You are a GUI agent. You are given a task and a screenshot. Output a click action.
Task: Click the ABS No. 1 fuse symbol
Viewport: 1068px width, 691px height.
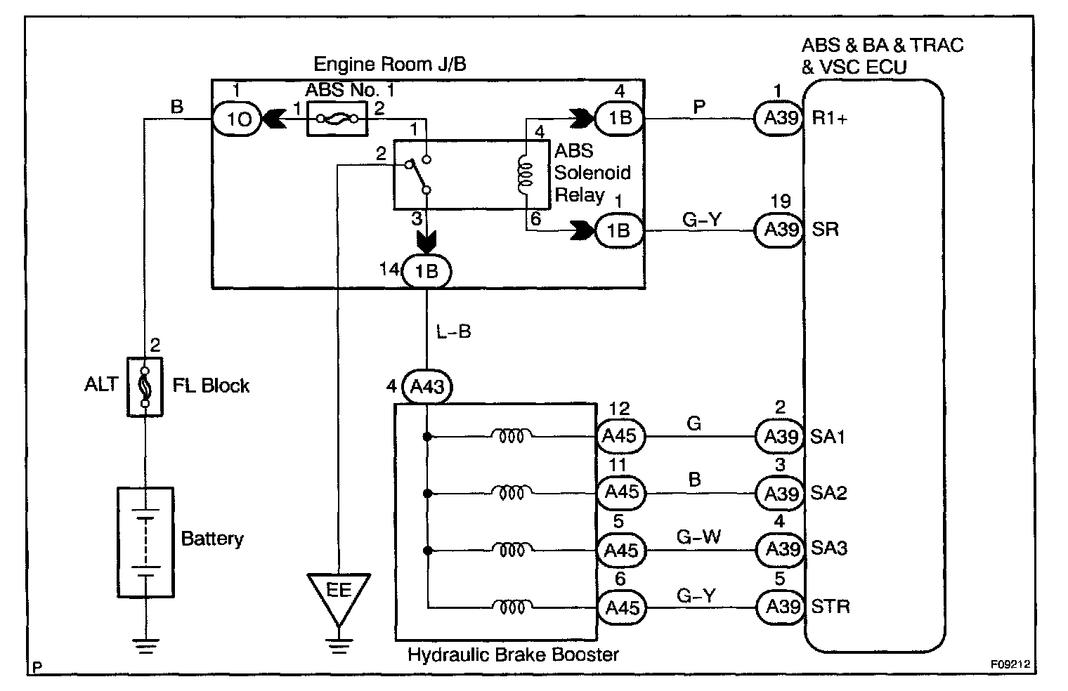point(337,119)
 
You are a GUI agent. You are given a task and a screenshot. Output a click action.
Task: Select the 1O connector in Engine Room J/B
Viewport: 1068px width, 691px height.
point(236,119)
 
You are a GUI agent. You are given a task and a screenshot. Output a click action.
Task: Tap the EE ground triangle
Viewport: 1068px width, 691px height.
point(339,593)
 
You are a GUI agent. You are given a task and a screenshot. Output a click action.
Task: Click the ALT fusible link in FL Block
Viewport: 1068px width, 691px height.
point(144,386)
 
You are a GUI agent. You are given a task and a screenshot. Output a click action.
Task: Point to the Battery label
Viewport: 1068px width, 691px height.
point(212,539)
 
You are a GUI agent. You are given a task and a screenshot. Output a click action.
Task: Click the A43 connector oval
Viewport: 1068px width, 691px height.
point(427,387)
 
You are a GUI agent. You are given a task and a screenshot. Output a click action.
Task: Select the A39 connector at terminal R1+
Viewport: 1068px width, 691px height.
point(779,118)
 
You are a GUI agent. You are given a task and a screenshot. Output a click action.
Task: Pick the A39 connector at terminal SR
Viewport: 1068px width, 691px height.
point(779,230)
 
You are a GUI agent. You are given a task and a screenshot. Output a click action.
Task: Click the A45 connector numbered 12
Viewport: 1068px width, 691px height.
point(620,436)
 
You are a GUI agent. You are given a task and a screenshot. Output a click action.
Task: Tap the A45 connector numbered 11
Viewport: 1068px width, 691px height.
point(620,492)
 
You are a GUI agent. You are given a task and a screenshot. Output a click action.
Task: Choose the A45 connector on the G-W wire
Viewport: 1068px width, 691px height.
point(620,548)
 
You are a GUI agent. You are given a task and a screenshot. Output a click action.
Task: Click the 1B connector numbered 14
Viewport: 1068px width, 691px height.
point(426,271)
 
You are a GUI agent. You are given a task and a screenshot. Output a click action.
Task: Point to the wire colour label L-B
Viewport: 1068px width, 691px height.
point(453,331)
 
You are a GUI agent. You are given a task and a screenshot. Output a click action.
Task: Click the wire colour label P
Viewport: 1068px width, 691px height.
point(700,106)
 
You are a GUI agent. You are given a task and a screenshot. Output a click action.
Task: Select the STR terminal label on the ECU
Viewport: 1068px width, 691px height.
point(831,605)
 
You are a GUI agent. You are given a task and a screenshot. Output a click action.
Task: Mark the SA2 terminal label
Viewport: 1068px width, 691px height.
point(829,492)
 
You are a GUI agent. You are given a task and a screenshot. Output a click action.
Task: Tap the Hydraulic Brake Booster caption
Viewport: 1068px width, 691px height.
point(513,655)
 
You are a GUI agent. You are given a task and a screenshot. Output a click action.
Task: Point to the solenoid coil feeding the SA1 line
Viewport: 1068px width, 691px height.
point(510,436)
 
